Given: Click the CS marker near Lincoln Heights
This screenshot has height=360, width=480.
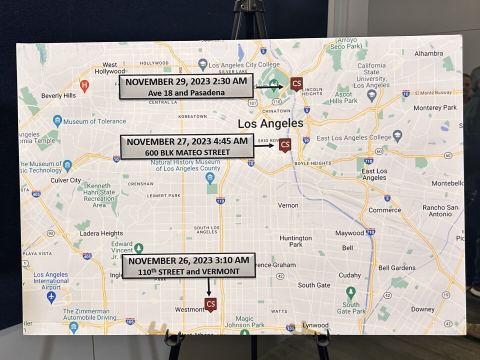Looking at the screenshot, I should [x=296, y=83].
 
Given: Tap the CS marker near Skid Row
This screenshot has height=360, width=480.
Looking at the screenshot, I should [x=285, y=145].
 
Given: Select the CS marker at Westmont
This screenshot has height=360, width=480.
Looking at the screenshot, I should [x=211, y=304].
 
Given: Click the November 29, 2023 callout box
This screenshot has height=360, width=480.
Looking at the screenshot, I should [x=186, y=86].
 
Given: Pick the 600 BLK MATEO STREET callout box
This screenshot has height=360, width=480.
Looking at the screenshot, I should [x=187, y=146].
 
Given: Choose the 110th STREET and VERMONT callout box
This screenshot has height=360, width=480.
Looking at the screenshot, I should [x=188, y=266].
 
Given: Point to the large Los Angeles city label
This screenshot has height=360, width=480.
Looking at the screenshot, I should [x=270, y=123].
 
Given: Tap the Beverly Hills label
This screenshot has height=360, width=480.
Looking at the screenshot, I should [x=58, y=95].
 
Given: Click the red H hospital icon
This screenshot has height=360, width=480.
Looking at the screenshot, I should [x=84, y=85].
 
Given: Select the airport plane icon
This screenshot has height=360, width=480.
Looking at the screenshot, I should [x=51, y=296].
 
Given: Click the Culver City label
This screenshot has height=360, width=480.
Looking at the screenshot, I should [x=65, y=180].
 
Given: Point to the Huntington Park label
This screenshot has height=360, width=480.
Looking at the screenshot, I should [x=295, y=241].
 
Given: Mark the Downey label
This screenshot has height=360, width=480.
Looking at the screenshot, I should [x=422, y=309].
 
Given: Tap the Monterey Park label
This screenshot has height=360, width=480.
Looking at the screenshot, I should [x=435, y=107].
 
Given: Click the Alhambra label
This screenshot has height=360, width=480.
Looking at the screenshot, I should [x=428, y=53].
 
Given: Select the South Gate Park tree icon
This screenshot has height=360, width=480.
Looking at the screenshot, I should [x=351, y=291].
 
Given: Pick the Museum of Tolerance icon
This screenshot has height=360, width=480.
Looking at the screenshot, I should [x=57, y=121].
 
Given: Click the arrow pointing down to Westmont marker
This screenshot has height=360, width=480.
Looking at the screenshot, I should [x=208, y=287].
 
